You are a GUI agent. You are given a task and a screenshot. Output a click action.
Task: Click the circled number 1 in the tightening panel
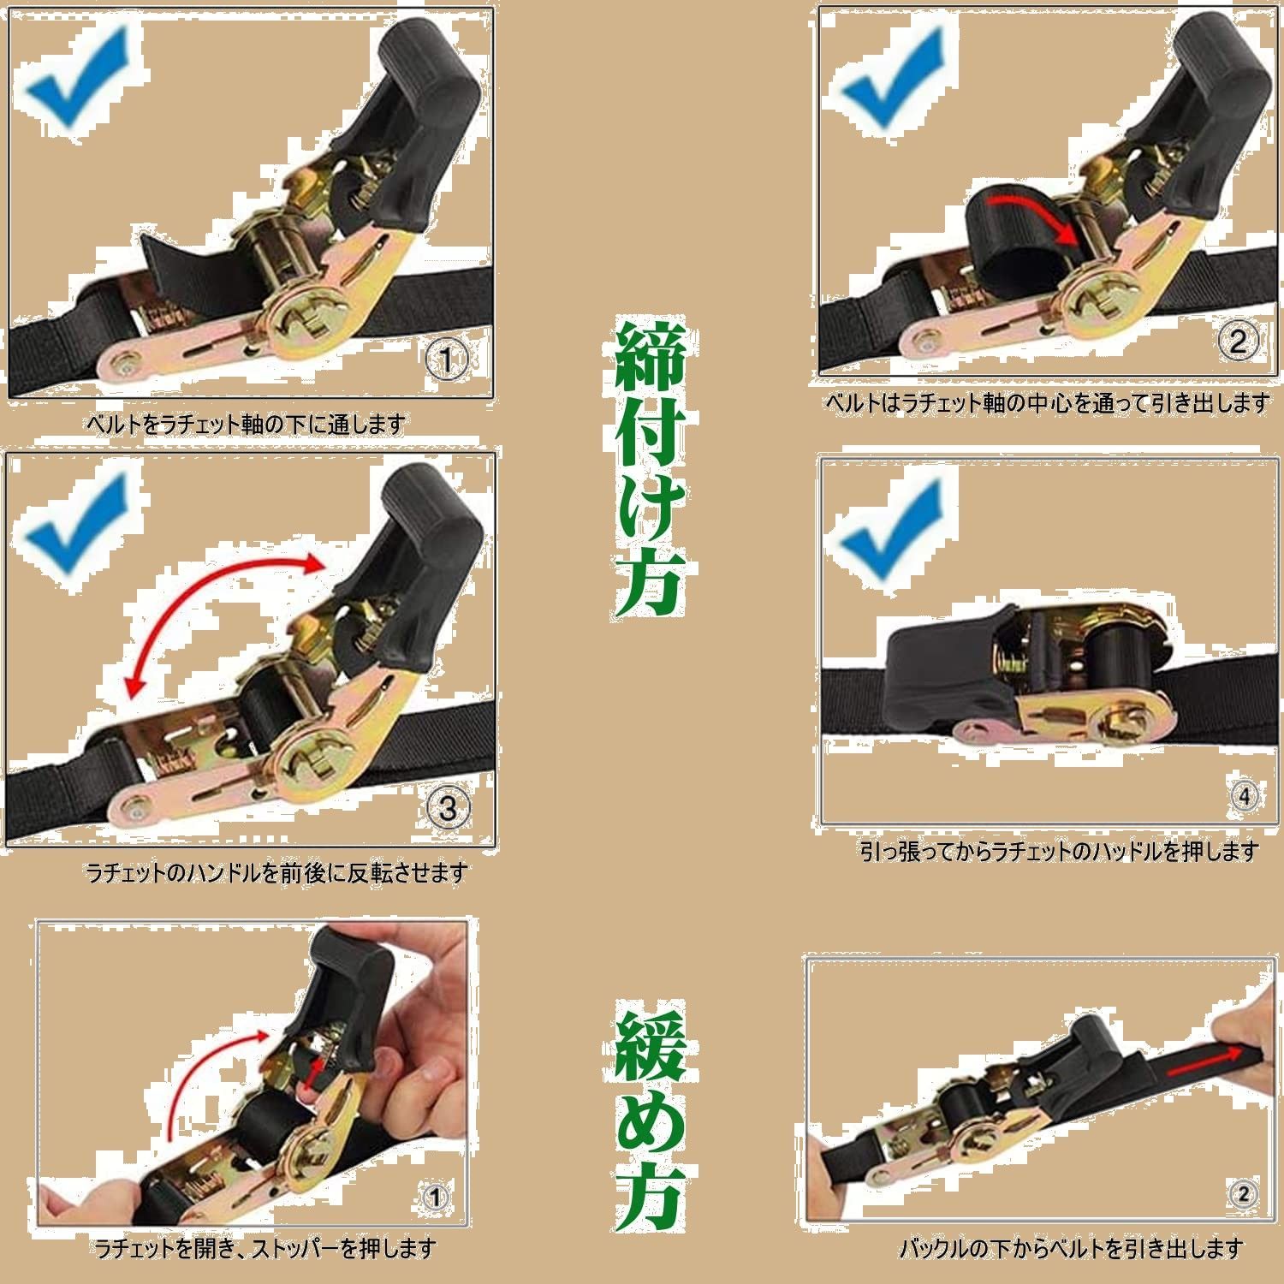tap(444, 361)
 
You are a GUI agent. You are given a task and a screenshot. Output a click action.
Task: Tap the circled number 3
tap(447, 806)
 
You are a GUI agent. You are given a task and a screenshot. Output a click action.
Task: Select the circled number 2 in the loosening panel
tap(1243, 1194)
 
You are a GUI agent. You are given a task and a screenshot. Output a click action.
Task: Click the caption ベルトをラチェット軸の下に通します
tap(246, 423)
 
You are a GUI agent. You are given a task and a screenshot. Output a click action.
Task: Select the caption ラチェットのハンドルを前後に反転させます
tap(277, 873)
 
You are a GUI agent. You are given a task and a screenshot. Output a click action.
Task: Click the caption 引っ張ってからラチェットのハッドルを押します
tap(1060, 851)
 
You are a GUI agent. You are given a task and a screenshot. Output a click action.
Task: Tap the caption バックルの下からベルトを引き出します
tap(1070, 1249)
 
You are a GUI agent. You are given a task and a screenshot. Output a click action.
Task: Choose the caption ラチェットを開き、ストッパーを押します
tap(266, 1249)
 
